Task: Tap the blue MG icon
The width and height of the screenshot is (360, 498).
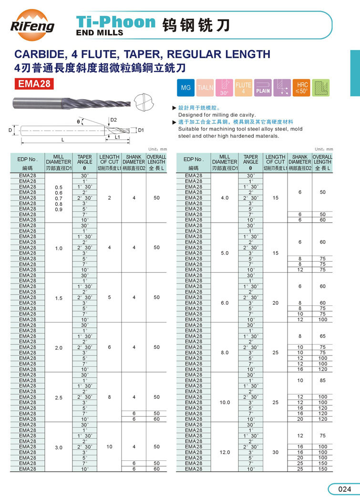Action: pyautogui.click(x=186, y=88)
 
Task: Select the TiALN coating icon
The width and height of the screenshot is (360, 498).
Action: pyautogui.click(x=205, y=88)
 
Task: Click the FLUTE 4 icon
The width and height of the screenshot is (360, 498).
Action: pyautogui.click(x=243, y=88)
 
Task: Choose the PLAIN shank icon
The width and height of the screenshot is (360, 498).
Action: pyautogui.click(x=263, y=88)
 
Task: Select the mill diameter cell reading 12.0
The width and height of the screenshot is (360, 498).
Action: pyautogui.click(x=226, y=452)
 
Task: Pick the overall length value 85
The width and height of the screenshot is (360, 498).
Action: pyautogui.click(x=323, y=380)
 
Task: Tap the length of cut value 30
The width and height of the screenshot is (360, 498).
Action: pyautogui.click(x=276, y=452)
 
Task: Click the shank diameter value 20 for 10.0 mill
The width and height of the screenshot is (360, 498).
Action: pyautogui.click(x=300, y=419)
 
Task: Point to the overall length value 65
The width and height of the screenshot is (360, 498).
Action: pyautogui.click(x=323, y=336)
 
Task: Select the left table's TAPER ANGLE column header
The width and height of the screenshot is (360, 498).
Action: pyautogui.click(x=85, y=162)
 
